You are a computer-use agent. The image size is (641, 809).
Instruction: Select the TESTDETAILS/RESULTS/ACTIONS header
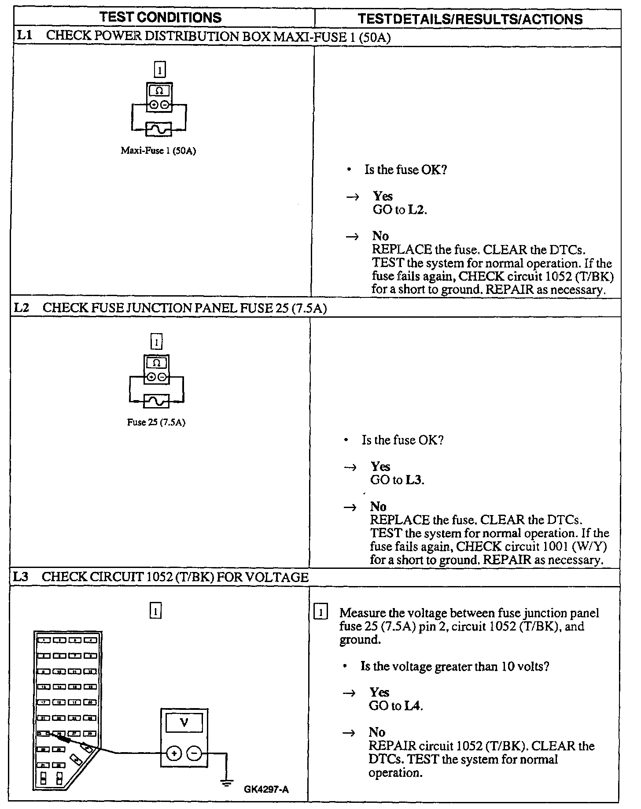[470, 19]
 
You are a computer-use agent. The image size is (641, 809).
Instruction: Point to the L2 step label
[22, 308]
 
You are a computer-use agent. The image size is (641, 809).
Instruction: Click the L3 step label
[22, 577]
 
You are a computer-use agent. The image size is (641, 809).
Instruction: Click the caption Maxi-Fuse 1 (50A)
[158, 151]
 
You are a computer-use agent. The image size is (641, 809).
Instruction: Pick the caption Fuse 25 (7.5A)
[156, 422]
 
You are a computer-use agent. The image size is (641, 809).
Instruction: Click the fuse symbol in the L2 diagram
[157, 401]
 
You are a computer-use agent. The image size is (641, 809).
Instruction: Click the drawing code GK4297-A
[266, 789]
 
